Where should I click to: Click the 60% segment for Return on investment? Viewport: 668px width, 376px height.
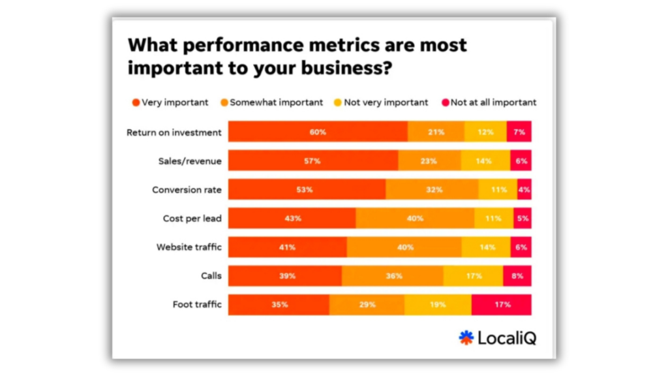coord(318,132)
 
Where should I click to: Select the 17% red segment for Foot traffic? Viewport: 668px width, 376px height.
coord(501,305)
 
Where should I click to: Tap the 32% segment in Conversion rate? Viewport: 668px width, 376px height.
coord(432,189)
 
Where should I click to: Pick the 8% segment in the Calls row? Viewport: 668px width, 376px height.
coord(517,276)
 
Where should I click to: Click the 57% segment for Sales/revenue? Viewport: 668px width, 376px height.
coord(313,161)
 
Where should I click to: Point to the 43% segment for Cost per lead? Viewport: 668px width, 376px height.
coord(292,219)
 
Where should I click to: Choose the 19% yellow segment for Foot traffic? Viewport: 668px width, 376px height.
coord(438,305)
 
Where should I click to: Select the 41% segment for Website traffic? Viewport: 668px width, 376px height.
coord(288,247)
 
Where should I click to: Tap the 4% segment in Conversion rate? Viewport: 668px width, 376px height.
coord(524,189)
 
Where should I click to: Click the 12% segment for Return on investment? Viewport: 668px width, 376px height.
coord(485,132)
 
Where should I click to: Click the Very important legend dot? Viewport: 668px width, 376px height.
coord(136,102)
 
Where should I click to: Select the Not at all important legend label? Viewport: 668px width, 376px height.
coord(493,102)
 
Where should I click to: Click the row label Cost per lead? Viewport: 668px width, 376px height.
coord(192,219)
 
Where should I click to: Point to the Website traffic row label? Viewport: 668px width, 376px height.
coord(189,247)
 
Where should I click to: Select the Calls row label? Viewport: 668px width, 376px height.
coord(211,276)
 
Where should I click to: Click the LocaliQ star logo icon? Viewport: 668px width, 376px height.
coord(466,337)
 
